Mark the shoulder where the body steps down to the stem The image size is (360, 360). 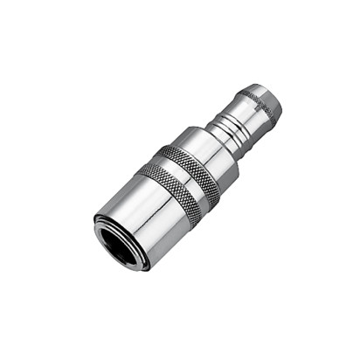coord(230,132)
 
